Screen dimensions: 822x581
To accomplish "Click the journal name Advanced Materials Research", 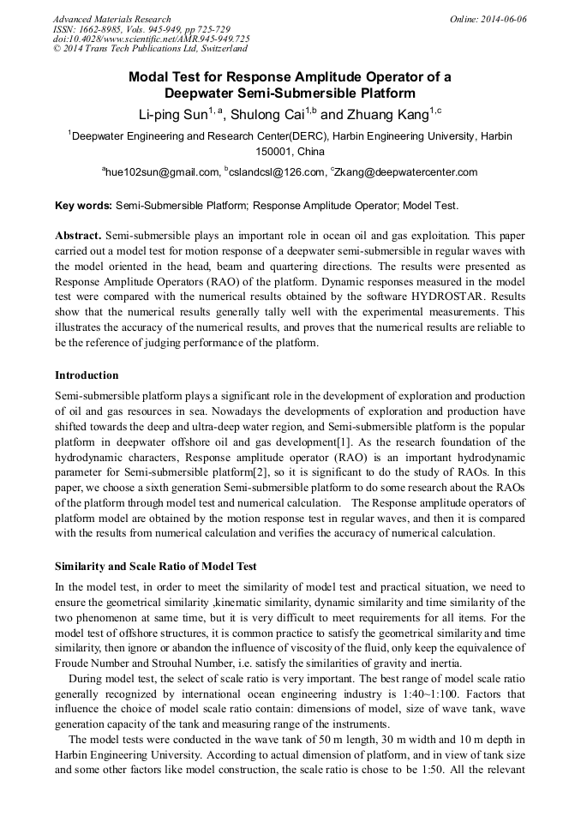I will point(111,19).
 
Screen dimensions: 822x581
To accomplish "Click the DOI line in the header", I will point(151,39).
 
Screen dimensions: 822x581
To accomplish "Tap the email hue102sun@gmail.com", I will point(162,172).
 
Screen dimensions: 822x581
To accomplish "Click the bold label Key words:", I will point(83,206).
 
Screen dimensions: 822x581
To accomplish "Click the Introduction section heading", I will point(87,375).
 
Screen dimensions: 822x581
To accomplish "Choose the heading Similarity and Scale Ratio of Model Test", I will point(155,567).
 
